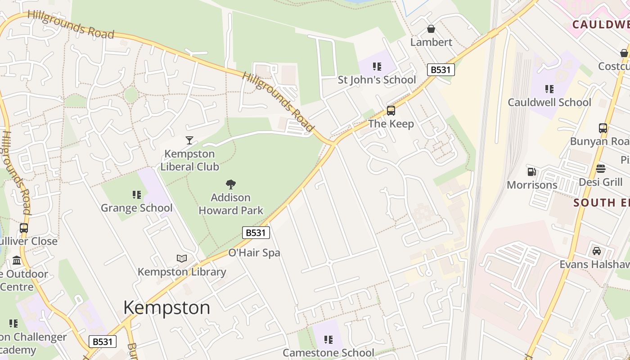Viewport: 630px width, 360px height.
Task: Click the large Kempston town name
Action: click(x=166, y=308)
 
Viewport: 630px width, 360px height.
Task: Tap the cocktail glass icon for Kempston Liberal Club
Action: click(x=189, y=140)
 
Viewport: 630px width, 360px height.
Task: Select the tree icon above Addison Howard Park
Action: click(x=231, y=184)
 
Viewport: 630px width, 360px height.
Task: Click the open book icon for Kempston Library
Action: click(x=182, y=258)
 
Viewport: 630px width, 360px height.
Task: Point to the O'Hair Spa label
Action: click(x=254, y=253)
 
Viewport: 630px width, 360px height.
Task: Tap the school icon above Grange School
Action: click(x=137, y=195)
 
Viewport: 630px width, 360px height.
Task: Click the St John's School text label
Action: click(x=377, y=80)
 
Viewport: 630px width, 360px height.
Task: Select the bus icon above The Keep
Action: click(x=391, y=111)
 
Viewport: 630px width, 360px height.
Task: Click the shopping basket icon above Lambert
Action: click(x=431, y=29)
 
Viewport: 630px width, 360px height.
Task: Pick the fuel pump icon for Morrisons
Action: click(x=532, y=171)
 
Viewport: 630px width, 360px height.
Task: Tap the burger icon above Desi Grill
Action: click(x=601, y=169)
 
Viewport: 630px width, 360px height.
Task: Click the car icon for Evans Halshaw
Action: click(x=597, y=251)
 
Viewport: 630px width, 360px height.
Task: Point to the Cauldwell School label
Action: click(x=549, y=102)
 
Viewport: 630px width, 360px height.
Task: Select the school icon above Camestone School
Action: click(x=328, y=340)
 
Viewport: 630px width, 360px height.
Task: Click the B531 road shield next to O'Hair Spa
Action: click(x=256, y=233)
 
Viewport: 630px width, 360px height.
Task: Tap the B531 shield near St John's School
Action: click(x=441, y=70)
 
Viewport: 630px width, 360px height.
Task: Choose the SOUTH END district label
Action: click(x=601, y=203)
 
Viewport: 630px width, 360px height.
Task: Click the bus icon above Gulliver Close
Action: click(x=24, y=228)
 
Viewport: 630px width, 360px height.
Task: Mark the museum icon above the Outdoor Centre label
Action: click(x=17, y=261)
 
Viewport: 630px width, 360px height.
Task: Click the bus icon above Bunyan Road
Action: click(x=603, y=128)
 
